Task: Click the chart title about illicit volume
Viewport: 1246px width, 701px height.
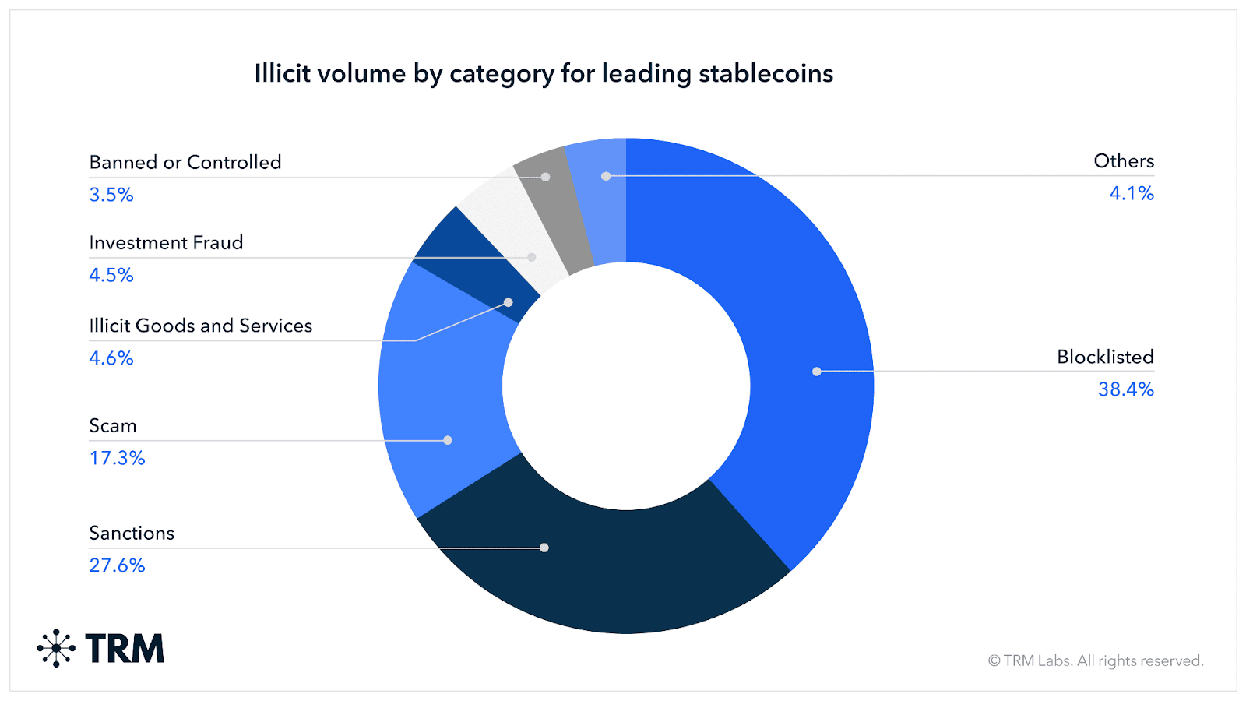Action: point(544,73)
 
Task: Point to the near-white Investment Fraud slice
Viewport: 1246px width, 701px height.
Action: point(514,234)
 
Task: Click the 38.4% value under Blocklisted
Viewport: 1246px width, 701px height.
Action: point(1125,389)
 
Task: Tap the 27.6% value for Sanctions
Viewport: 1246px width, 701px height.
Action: point(117,565)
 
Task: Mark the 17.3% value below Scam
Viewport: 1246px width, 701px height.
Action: point(117,458)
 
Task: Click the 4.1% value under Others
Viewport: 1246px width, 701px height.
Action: point(1131,193)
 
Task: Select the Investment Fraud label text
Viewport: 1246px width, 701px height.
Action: point(166,243)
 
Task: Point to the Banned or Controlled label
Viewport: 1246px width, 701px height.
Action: point(185,162)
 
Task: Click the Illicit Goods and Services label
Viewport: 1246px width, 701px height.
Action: point(200,326)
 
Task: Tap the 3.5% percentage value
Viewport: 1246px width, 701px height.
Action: point(111,195)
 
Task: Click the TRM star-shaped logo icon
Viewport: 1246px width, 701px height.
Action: point(56,648)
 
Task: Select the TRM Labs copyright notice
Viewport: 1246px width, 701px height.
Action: point(1096,660)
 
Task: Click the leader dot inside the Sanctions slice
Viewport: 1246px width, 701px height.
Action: point(544,548)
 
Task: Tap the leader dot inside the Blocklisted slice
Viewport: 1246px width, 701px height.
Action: point(816,372)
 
